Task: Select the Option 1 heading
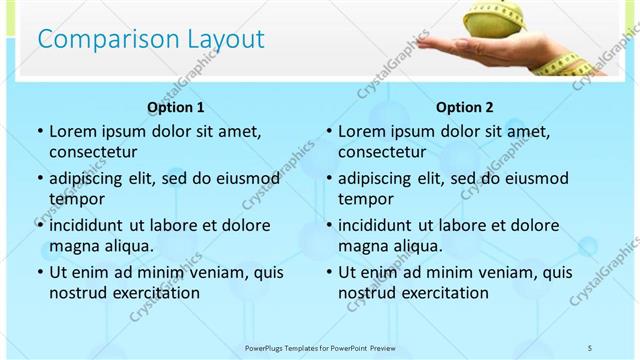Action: pos(176,107)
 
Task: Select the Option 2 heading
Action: pos(465,107)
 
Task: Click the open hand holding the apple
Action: pos(480,45)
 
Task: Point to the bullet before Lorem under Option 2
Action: pos(329,132)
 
